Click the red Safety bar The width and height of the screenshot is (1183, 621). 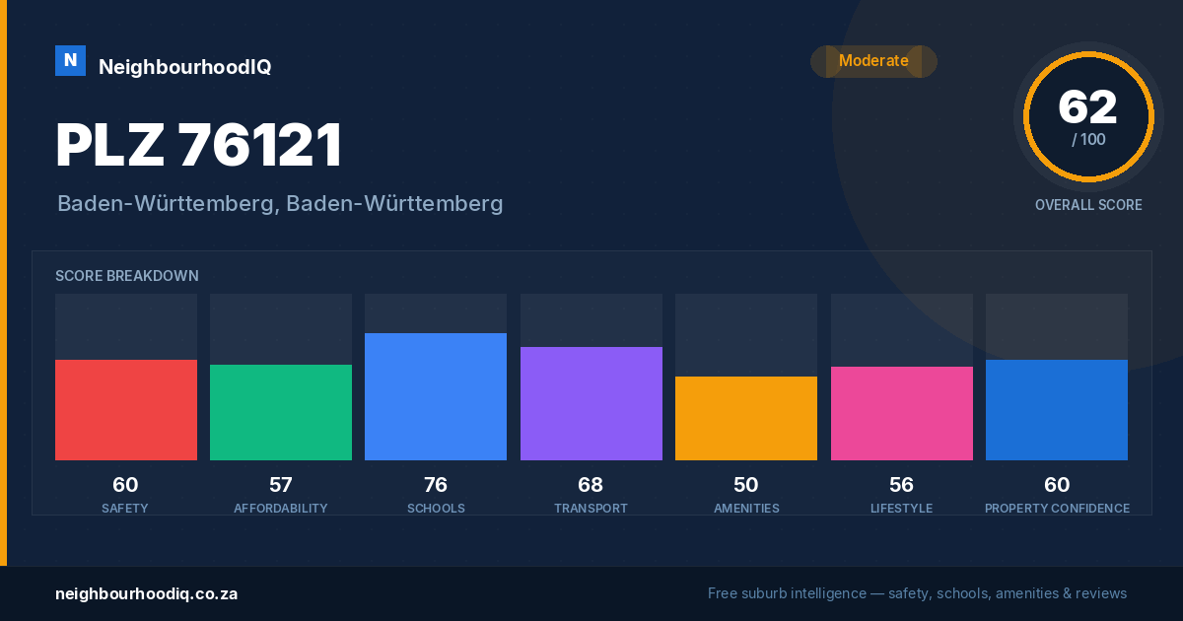(126, 410)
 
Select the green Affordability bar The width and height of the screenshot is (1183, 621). (281, 412)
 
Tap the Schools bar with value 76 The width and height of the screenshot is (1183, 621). (436, 396)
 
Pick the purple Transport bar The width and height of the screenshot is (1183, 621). (591, 403)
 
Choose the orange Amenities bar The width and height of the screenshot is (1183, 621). (746, 418)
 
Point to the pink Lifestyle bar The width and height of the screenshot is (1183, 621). (901, 413)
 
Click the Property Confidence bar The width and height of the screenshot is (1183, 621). (1057, 410)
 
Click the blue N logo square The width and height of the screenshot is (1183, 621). (70, 61)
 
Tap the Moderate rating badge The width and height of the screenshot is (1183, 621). (873, 61)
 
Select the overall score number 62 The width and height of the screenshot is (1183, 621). (1088, 107)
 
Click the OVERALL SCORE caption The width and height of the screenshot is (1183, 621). (1088, 205)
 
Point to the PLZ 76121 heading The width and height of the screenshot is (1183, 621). (198, 145)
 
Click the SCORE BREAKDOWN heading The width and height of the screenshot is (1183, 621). (127, 276)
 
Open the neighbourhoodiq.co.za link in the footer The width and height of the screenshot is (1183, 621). (146, 593)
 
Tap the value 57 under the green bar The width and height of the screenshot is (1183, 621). (280, 485)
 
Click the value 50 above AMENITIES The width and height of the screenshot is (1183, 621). (745, 485)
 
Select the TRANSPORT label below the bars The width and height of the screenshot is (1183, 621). (591, 508)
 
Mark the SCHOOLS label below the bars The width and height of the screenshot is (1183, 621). (436, 508)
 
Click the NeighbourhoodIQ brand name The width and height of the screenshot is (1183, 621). (185, 67)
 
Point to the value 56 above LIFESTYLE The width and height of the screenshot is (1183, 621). (901, 485)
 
